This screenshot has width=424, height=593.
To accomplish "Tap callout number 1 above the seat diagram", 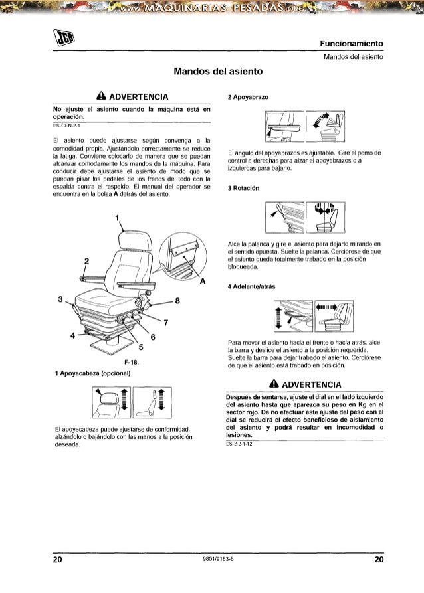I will [x=117, y=219].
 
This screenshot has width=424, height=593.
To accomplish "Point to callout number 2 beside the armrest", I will [x=87, y=259].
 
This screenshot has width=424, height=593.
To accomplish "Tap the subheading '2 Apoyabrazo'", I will [x=247, y=97].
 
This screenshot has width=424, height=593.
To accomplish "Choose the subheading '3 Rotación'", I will [x=243, y=188].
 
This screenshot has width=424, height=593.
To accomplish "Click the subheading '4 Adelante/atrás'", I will [x=252, y=286].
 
